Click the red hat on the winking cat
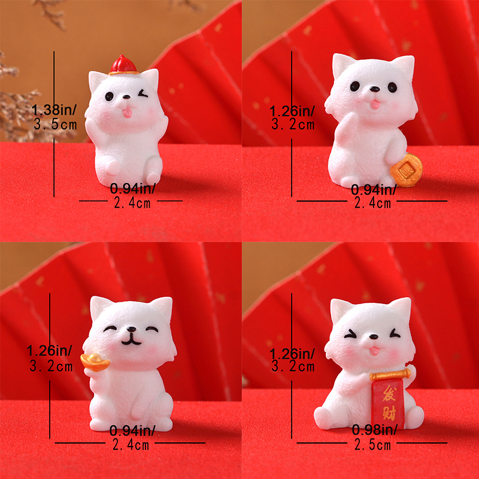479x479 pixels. click(123, 65)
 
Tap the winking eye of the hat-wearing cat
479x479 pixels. click(143, 93)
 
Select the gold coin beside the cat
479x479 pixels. click(407, 170)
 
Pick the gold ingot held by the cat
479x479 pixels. click(95, 362)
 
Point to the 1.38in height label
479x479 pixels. click(54, 110)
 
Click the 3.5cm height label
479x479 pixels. click(55, 125)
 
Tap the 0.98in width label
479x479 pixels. click(375, 430)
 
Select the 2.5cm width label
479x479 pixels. click(372, 445)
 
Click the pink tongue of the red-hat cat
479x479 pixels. click(127, 112)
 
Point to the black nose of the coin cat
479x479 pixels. click(374, 89)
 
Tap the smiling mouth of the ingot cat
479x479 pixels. click(131, 340)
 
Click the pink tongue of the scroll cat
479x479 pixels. click(374, 351)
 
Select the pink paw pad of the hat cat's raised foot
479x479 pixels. click(113, 168)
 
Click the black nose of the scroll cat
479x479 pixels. click(373, 337)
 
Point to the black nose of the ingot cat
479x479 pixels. click(131, 329)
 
